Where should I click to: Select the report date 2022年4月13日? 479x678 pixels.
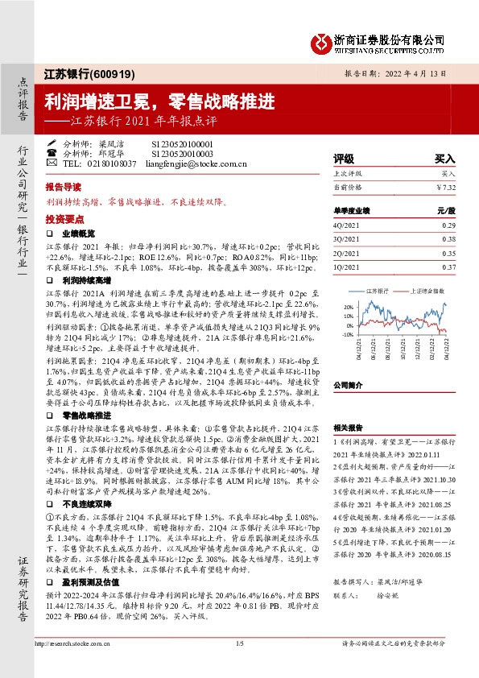(x=417, y=72)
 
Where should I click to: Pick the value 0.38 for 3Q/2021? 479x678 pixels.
(x=448, y=239)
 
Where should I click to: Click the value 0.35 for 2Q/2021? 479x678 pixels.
(x=448, y=252)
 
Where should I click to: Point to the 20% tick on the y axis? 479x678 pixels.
(x=348, y=307)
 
